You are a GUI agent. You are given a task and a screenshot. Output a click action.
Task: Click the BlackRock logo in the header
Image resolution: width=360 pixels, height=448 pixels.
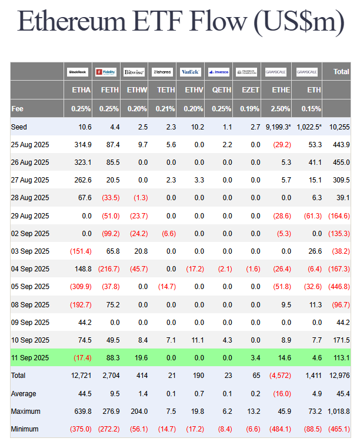pyautogui.click(x=78, y=72)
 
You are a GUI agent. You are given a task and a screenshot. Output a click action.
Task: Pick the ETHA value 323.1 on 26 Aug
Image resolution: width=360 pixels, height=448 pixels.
pyautogui.click(x=82, y=162)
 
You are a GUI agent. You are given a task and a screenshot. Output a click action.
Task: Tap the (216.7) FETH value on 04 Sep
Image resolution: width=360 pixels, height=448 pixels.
pyautogui.click(x=109, y=269)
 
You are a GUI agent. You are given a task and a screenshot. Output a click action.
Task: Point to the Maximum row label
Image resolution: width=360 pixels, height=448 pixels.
pyautogui.click(x=26, y=412)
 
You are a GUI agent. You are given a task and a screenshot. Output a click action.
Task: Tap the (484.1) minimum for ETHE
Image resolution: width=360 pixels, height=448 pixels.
pyautogui.click(x=279, y=429)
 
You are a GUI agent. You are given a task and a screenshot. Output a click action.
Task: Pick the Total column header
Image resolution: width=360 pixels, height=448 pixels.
pyautogui.click(x=341, y=72)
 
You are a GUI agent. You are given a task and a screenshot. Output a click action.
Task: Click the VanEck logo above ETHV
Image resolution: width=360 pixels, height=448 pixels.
pyautogui.click(x=191, y=72)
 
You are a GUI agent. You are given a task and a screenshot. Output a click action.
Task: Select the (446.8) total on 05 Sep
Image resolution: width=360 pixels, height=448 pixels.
pyautogui.click(x=338, y=287)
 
